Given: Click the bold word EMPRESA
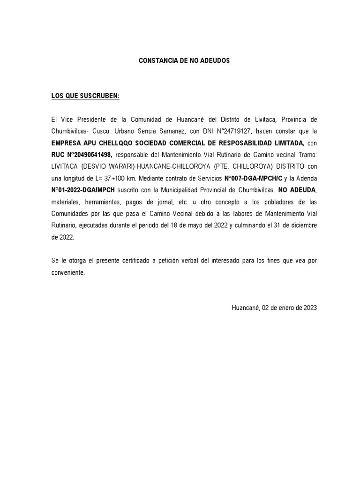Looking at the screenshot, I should (67, 143).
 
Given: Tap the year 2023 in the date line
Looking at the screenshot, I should (310, 308).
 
